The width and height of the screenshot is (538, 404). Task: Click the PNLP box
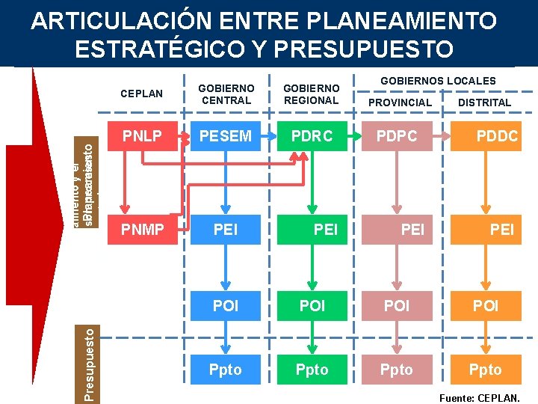pyautogui.click(x=143, y=136)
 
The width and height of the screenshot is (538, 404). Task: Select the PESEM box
pyautogui.click(x=225, y=136)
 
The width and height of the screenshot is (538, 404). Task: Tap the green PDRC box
pyautogui.click(x=312, y=136)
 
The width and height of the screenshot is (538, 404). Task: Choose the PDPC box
pyautogui.click(x=397, y=136)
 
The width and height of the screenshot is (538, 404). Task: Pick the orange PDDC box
pyautogui.click(x=486, y=136)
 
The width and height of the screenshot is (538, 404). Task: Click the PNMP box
pyautogui.click(x=143, y=229)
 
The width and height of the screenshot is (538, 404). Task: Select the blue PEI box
pyautogui.click(x=225, y=229)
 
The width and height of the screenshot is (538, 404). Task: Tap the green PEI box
pyautogui.click(x=312, y=229)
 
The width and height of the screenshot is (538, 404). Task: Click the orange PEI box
pyautogui.click(x=486, y=229)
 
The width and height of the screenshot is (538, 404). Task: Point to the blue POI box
pyautogui.click(x=225, y=305)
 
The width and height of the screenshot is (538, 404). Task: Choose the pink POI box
pyautogui.click(x=397, y=305)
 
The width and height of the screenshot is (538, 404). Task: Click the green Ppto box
pyautogui.click(x=312, y=370)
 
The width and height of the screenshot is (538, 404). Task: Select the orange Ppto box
pyautogui.click(x=486, y=370)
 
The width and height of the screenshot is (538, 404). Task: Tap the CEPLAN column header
pyautogui.click(x=141, y=94)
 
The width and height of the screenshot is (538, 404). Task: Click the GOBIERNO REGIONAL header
pyautogui.click(x=311, y=94)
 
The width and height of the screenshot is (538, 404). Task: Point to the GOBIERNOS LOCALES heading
pyautogui.click(x=438, y=80)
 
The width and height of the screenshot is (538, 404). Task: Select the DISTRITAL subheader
pyautogui.click(x=484, y=102)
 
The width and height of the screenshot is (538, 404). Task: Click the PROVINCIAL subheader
pyautogui.click(x=399, y=102)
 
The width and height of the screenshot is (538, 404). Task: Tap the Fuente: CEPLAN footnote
pyautogui.click(x=480, y=398)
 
